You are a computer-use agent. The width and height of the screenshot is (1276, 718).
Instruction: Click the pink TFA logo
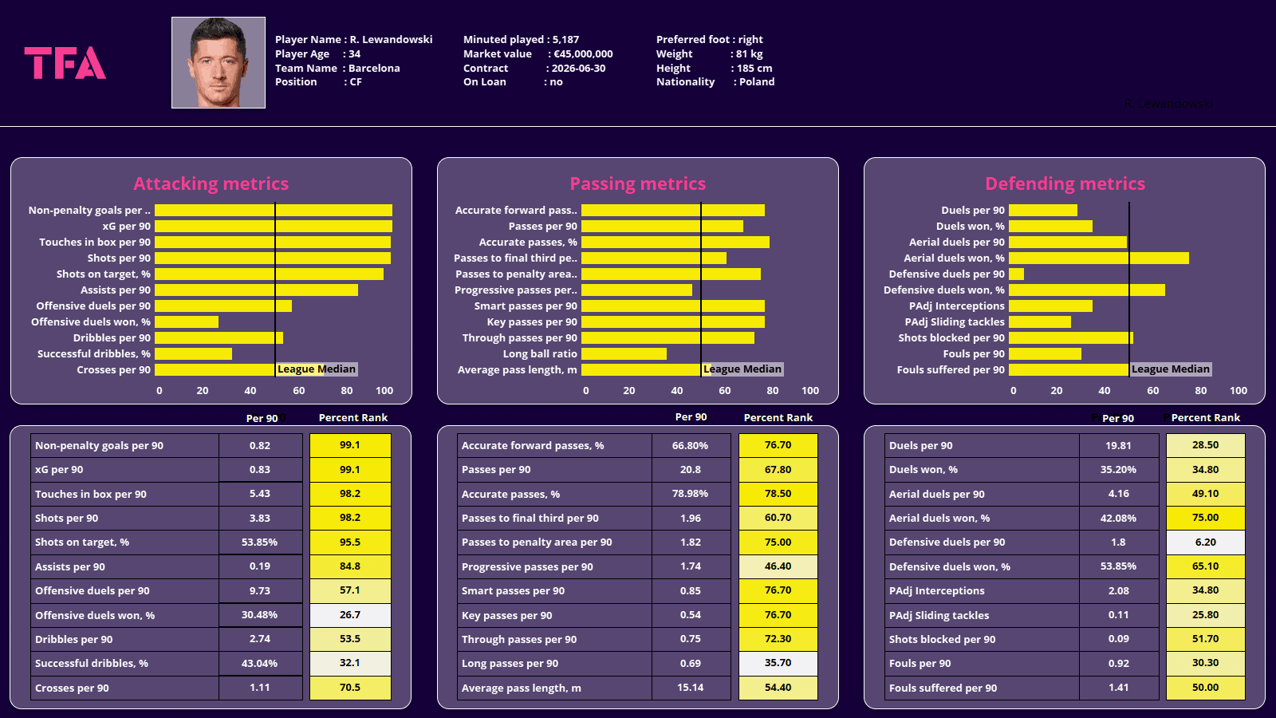(x=65, y=63)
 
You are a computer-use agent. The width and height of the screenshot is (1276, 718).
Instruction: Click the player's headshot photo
(x=218, y=63)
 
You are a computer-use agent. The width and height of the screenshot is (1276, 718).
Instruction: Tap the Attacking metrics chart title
(x=211, y=183)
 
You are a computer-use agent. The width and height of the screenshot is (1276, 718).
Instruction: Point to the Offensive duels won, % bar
(x=187, y=322)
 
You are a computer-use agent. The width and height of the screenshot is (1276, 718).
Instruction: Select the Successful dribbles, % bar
(x=193, y=354)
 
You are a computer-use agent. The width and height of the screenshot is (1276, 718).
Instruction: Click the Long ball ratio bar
(x=624, y=354)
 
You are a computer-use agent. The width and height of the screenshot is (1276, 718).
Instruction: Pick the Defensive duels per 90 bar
(x=1016, y=274)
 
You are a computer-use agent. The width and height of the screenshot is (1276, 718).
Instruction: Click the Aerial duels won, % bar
(x=1098, y=258)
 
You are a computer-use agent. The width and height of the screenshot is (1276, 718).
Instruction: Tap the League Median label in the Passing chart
(x=742, y=369)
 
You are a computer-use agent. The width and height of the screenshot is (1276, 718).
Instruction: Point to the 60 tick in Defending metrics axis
(x=1152, y=391)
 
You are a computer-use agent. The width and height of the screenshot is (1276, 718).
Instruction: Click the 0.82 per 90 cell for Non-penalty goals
(x=260, y=446)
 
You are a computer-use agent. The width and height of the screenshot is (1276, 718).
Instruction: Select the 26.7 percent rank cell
(x=350, y=615)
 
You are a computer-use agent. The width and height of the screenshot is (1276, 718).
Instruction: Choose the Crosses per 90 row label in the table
(x=73, y=688)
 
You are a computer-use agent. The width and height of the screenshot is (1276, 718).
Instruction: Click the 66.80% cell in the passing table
(x=690, y=446)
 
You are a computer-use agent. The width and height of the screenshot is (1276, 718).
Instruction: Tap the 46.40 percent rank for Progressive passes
(x=778, y=566)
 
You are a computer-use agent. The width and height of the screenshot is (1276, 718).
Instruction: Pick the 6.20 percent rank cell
(x=1205, y=542)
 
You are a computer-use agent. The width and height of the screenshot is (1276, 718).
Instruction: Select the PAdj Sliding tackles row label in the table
(x=939, y=615)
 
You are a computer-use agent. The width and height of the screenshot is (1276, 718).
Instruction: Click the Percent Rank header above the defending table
(x=1205, y=418)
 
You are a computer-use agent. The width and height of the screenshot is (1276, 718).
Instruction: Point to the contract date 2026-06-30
(x=578, y=69)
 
